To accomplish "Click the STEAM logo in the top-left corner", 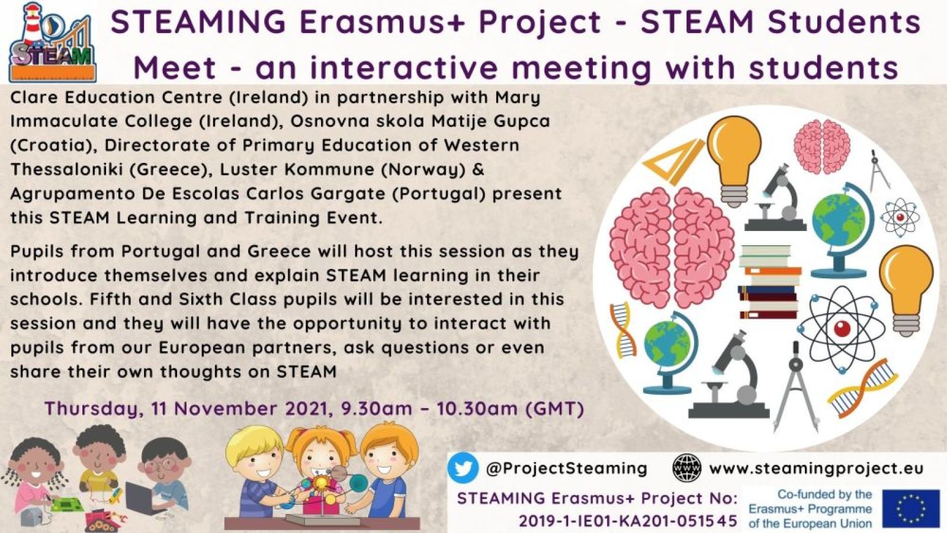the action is point(53,42).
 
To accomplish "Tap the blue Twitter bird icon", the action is point(463,468).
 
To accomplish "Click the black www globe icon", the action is point(686,468).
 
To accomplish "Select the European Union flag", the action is point(911,509).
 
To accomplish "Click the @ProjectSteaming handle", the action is point(567,468).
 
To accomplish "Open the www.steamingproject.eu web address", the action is point(816,468).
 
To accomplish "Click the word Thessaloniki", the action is point(66,169).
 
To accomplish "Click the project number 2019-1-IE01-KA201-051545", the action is point(628,521).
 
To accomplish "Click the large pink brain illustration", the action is point(672,248).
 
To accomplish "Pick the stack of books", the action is point(769,281).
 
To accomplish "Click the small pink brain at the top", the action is point(821,146).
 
